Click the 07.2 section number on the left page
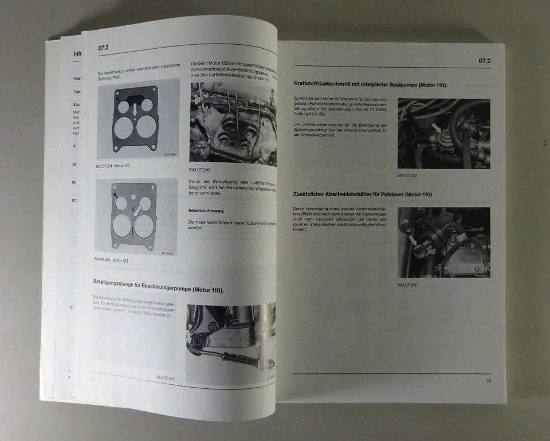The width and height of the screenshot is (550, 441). (x=104, y=48)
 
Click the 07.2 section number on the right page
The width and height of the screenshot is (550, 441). (x=484, y=61)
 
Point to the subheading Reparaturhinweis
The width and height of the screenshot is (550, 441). (x=207, y=210)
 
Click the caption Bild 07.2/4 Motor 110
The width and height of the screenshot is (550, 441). (x=113, y=165)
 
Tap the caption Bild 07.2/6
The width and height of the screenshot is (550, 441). (x=199, y=170)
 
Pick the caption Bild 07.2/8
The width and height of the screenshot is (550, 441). (x=407, y=175)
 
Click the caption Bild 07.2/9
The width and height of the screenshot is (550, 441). (x=407, y=284)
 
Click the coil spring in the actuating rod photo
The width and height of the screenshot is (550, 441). (x=238, y=360)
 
